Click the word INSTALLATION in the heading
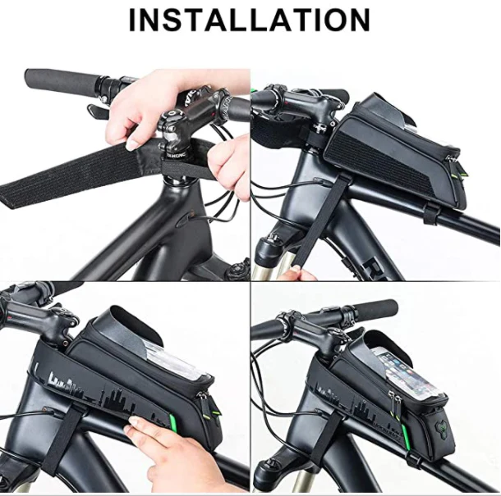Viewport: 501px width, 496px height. click(x=250, y=20)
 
